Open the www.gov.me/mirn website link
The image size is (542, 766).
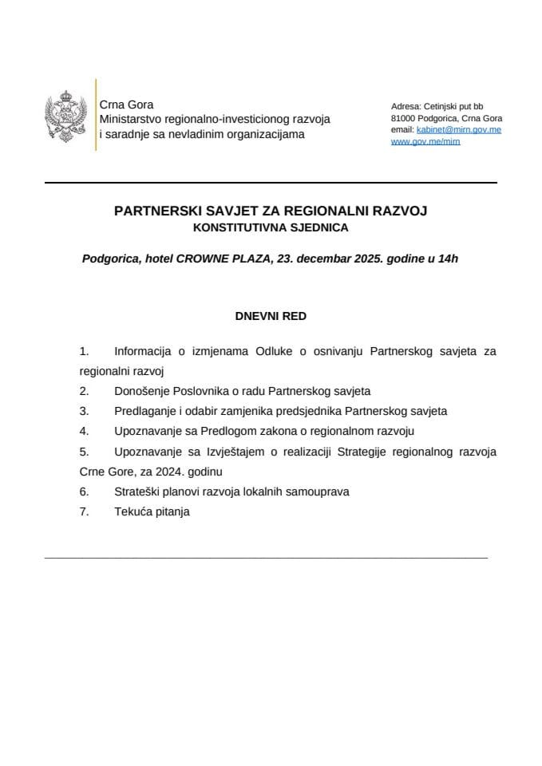pyautogui.click(x=425, y=141)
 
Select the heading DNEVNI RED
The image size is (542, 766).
pyautogui.click(x=271, y=316)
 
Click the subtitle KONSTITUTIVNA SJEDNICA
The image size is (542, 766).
pyautogui.click(x=271, y=227)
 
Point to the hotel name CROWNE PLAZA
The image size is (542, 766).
pyautogui.click(x=224, y=259)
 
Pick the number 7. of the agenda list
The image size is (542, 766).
pyautogui.click(x=84, y=512)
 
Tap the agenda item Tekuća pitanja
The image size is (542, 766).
pyautogui.click(x=152, y=512)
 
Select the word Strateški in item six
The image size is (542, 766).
pyautogui.click(x=137, y=492)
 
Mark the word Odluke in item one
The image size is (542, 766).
pyautogui.click(x=273, y=350)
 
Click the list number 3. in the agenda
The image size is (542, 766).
pyautogui.click(x=84, y=411)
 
